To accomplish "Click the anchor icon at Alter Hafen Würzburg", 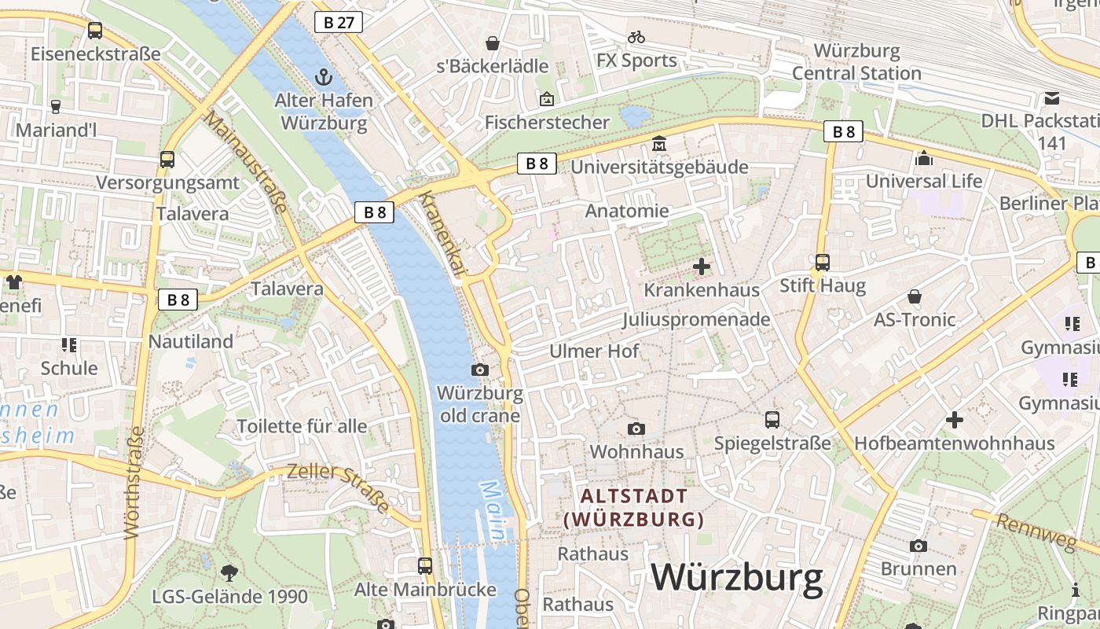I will coord(322,77).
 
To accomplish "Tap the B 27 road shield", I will coord(339,22).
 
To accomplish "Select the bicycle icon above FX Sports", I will coord(636,37).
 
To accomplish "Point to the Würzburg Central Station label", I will coord(856,62).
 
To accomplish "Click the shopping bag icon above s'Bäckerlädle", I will coord(493,42).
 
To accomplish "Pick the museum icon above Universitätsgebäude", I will coord(658,144).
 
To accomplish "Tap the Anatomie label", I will coord(627,211).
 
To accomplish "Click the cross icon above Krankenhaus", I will coord(702,267).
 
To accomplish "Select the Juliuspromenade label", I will coord(696,319).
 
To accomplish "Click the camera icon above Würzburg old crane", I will coord(480,370).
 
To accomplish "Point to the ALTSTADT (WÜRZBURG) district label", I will coord(634,508).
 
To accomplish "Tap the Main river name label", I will coord(493,511).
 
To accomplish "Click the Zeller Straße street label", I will coord(339,487).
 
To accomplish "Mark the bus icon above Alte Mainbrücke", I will coord(425,565).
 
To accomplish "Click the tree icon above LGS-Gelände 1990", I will coord(229,572).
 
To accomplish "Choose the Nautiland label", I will coord(191,341).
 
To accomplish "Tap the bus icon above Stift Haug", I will coord(823,262).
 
